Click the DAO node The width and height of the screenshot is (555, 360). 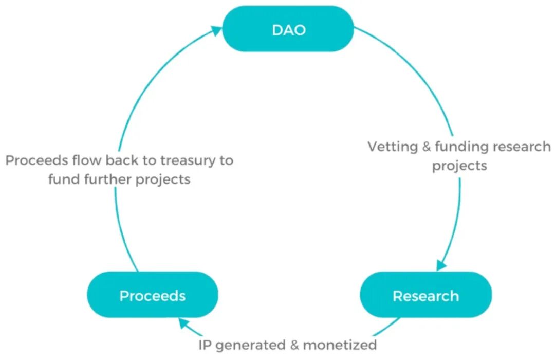coord(288,29)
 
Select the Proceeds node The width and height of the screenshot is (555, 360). coord(153,295)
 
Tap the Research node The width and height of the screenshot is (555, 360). coord(425,295)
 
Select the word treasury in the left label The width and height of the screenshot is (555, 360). coord(189,160)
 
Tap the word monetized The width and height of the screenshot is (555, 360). coord(340,344)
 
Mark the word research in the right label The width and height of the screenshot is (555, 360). coord(521,147)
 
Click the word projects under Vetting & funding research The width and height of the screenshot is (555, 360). coord(459,166)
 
